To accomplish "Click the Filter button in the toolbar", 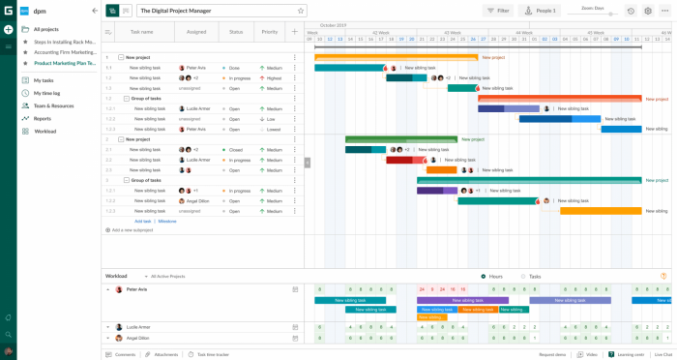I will coord(498,11).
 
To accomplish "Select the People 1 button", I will coord(540,11).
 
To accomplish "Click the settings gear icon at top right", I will coord(648,11).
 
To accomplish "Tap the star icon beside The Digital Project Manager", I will coord(301,11).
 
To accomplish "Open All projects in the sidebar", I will coord(45,29).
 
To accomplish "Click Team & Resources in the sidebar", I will coord(53,105).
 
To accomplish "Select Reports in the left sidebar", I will coord(43,118).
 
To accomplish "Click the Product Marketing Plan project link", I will coord(65,63).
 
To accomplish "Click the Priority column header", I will coord(269,32).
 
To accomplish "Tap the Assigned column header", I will coord(196,32).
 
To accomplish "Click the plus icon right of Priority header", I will coord(294,32).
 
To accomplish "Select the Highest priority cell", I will coord(274,78).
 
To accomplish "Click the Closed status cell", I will coord(235,150).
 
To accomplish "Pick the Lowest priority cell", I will coord(274,129).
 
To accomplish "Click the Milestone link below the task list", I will coord(167,221).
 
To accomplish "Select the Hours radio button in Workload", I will coord(484,276).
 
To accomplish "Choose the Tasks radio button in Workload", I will coord(523,276).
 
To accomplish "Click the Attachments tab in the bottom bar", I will coord(165,354).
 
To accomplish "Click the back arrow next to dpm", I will coord(95,11).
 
